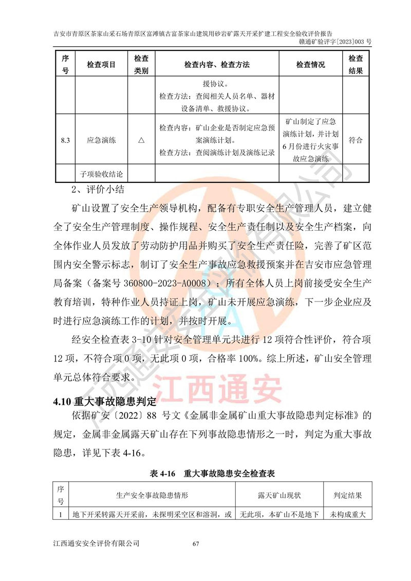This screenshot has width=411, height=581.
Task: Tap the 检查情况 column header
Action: pos(310,65)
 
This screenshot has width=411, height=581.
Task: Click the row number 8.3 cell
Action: pos(65,139)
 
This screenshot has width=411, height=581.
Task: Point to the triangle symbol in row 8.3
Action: pos(141,140)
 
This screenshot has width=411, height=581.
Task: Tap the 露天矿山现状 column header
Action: pos(279,496)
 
